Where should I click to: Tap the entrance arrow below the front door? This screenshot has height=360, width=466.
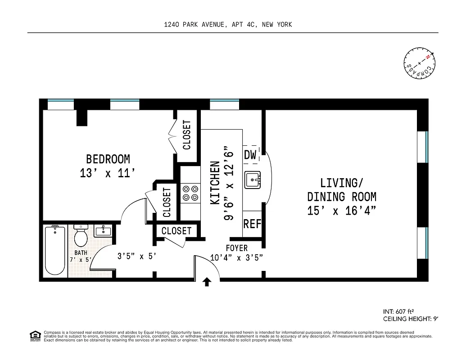(x=207, y=282)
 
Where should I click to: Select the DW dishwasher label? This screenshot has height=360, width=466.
(x=250, y=155)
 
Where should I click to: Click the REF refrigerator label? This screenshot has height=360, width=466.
(x=252, y=224)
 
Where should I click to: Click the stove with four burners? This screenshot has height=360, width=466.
(x=190, y=193)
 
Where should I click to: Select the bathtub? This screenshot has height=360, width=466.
(x=55, y=250)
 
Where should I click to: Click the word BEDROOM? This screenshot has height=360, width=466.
(x=108, y=159)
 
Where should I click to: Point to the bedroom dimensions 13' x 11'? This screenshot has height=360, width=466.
(x=108, y=174)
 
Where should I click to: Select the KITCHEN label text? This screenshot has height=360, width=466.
(x=215, y=183)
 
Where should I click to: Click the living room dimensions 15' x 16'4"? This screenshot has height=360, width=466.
(x=342, y=211)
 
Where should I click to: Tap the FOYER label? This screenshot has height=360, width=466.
(x=236, y=248)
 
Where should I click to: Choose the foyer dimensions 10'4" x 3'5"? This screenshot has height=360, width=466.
(x=236, y=258)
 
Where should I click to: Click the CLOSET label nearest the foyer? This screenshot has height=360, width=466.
(x=176, y=231)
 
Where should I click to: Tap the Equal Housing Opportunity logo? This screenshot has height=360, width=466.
(x=35, y=335)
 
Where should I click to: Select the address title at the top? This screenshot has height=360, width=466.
(x=228, y=25)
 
